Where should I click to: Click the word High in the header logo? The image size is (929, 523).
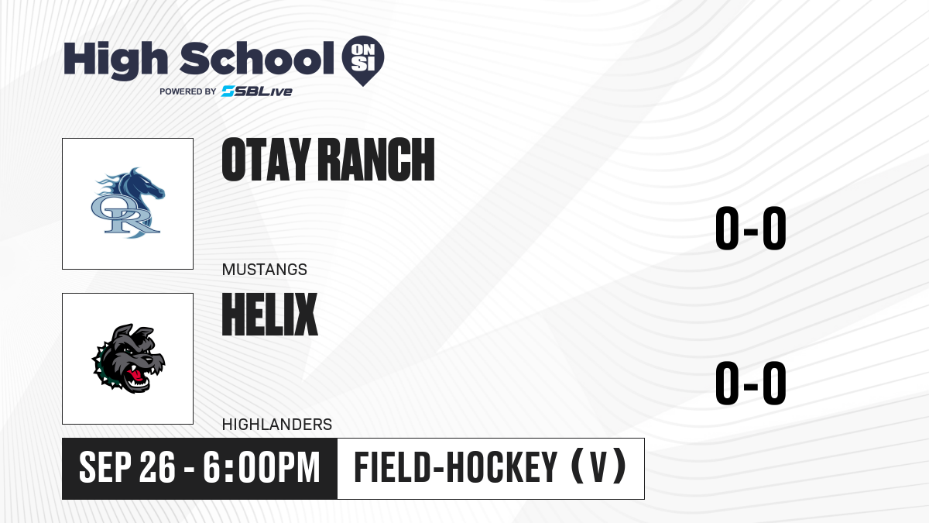[115, 60]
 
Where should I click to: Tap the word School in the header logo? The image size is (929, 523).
[257, 58]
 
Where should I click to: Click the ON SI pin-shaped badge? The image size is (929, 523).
[363, 60]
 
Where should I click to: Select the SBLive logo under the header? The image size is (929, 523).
[257, 91]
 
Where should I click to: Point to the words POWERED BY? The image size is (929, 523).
[188, 91]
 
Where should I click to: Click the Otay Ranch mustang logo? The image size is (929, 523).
[128, 203]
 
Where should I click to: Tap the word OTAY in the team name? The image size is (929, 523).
[266, 160]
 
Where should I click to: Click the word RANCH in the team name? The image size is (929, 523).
[376, 160]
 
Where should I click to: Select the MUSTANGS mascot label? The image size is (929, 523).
[265, 270]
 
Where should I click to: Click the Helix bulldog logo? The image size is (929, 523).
[129, 359]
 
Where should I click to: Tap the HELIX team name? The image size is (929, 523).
[270, 315]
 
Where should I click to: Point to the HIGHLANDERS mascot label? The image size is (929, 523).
[277, 425]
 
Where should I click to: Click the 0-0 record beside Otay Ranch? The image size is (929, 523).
[751, 228]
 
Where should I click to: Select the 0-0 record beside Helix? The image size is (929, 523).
[751, 383]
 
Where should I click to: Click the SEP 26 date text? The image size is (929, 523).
[127, 467]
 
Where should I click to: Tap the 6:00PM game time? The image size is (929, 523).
[262, 467]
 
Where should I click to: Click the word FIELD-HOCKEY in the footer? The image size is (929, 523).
[455, 467]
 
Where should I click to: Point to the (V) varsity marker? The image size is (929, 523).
[599, 467]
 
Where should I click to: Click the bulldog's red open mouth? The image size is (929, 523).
[137, 376]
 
